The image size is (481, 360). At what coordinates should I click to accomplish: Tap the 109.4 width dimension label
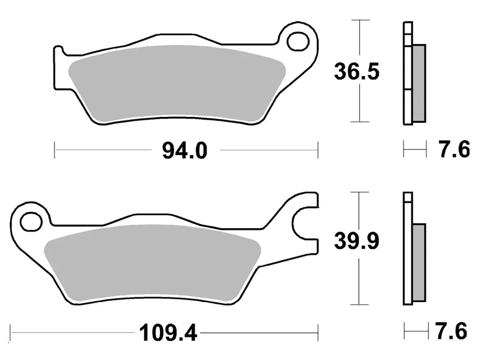click(168, 332)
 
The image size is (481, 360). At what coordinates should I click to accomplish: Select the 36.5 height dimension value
click(356, 72)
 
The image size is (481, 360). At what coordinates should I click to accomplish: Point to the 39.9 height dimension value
click(356, 242)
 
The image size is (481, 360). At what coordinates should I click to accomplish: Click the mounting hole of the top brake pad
click(297, 40)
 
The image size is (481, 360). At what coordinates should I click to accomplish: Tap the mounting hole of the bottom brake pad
click(31, 221)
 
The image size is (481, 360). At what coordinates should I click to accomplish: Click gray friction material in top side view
click(419, 83)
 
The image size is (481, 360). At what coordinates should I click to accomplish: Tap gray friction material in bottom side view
click(419, 262)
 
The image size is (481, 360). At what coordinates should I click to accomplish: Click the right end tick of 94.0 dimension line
click(318, 150)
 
